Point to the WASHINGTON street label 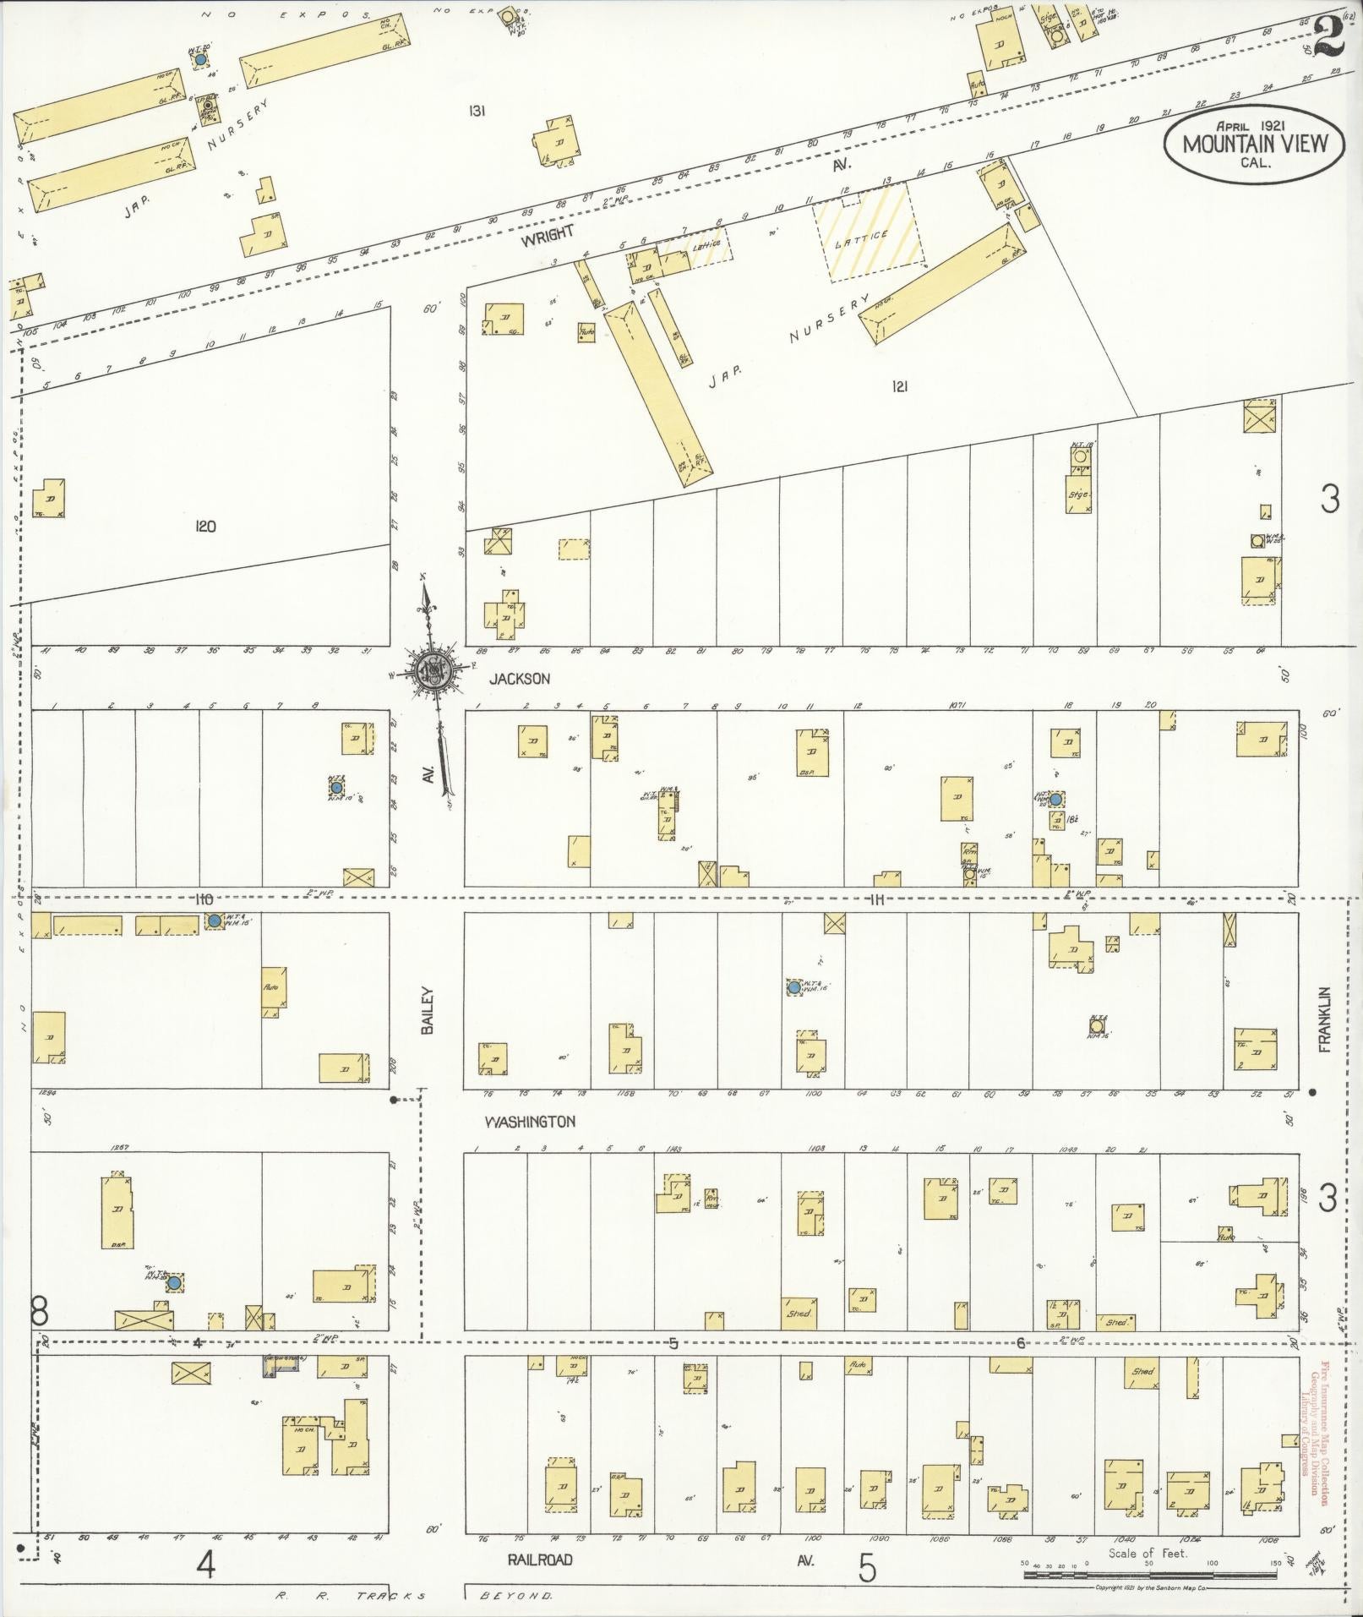coord(530,1122)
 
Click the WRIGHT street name coord(547,236)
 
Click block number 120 coord(204,527)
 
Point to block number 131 coord(477,111)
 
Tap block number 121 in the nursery coord(898,386)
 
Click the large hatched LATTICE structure coord(868,232)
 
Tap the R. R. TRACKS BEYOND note coord(414,1596)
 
